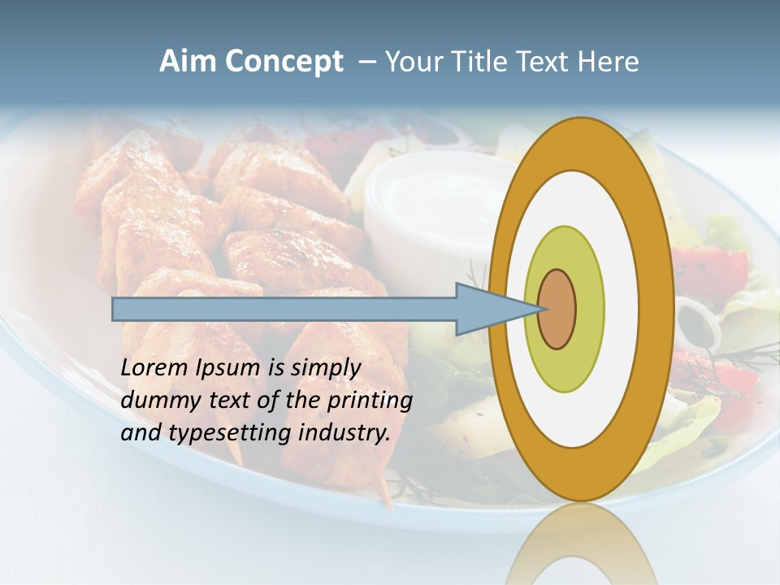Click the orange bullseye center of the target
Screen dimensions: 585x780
point(557,309)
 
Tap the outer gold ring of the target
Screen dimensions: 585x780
point(658,309)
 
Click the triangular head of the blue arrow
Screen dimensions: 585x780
point(487,309)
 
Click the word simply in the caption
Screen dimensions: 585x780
point(324,367)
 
